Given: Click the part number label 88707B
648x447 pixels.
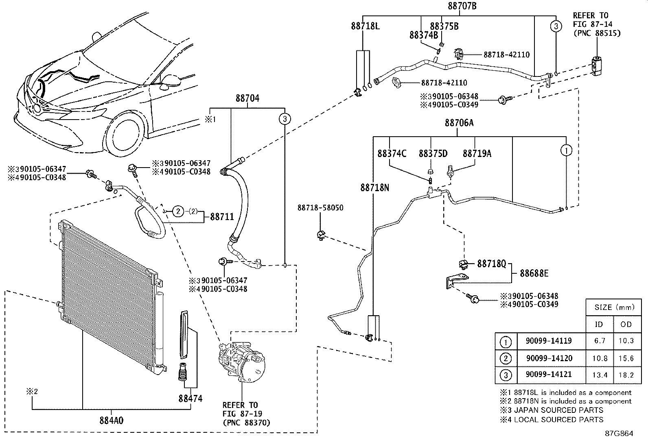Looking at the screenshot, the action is (x=462, y=6).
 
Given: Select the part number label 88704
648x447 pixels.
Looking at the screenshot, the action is (x=247, y=98).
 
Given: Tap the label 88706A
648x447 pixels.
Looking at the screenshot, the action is (x=459, y=123).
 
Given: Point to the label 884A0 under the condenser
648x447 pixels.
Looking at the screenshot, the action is (x=112, y=421).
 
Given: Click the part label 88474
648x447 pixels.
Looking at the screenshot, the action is (x=190, y=399).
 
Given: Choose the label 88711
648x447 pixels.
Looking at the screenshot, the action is (x=222, y=217).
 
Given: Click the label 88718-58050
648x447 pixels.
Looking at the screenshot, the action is (x=320, y=207).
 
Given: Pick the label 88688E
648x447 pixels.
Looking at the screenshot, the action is (x=534, y=273).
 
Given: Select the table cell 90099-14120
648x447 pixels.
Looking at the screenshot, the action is (x=549, y=358).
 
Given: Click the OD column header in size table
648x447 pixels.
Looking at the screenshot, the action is (x=626, y=325).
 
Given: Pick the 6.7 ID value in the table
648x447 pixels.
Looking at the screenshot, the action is (x=600, y=341).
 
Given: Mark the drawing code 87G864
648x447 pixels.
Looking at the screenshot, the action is (x=619, y=434).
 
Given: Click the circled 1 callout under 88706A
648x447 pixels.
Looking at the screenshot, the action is (x=566, y=150).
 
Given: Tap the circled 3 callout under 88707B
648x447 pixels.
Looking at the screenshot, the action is (x=556, y=26).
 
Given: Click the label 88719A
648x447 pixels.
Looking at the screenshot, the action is (x=477, y=153).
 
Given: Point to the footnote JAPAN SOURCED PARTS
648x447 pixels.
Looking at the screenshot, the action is (x=558, y=410).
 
